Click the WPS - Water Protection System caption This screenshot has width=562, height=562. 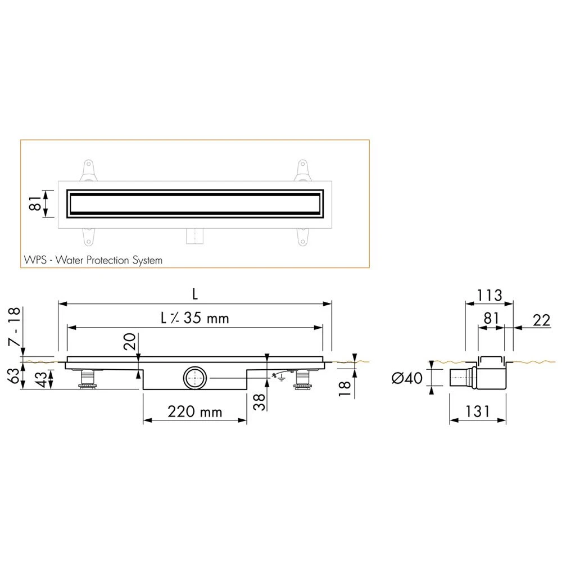coord(93,260)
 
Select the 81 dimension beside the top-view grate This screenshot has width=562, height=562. coord(34,203)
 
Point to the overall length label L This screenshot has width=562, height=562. coord(195,294)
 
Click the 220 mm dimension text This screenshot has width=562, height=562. coord(195,412)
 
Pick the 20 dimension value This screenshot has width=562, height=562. coord(130,342)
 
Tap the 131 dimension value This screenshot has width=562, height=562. coord(477,412)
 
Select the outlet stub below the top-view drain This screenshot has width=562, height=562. coord(194,237)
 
